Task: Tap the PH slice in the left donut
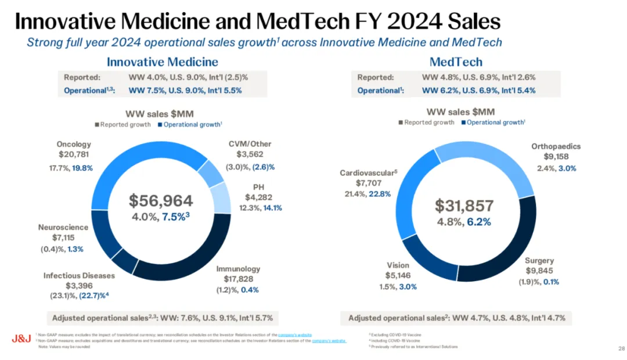[x=219, y=197]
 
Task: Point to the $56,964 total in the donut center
[x=160, y=201]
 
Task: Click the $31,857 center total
[x=464, y=205]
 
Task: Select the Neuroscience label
[x=63, y=227]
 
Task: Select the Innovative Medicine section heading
[x=162, y=62]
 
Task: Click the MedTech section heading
[x=456, y=62]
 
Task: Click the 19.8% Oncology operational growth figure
[x=81, y=168]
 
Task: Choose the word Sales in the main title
[x=464, y=21]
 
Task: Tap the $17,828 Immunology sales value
[x=238, y=279]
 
